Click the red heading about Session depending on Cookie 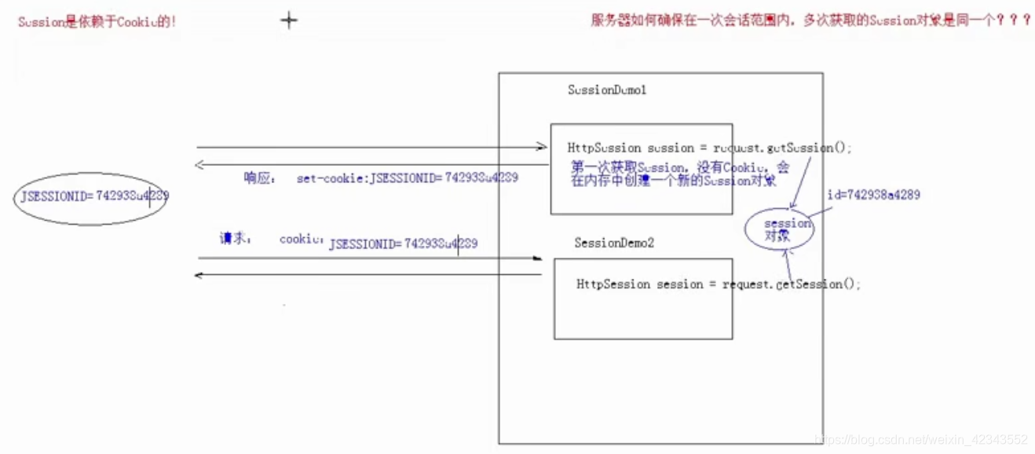click(x=97, y=21)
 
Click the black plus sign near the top click(x=289, y=20)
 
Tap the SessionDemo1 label click(x=607, y=90)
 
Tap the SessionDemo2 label click(x=613, y=243)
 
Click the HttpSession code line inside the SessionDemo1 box click(x=709, y=148)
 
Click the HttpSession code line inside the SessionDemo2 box click(x=718, y=284)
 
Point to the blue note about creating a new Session click(x=680, y=174)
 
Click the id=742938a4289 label click(x=873, y=194)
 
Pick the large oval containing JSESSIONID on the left click(x=93, y=198)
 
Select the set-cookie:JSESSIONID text click(x=407, y=178)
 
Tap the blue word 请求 click(x=235, y=238)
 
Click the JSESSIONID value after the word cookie click(x=403, y=244)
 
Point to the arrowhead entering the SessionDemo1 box click(x=542, y=146)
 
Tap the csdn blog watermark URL click(x=921, y=439)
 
